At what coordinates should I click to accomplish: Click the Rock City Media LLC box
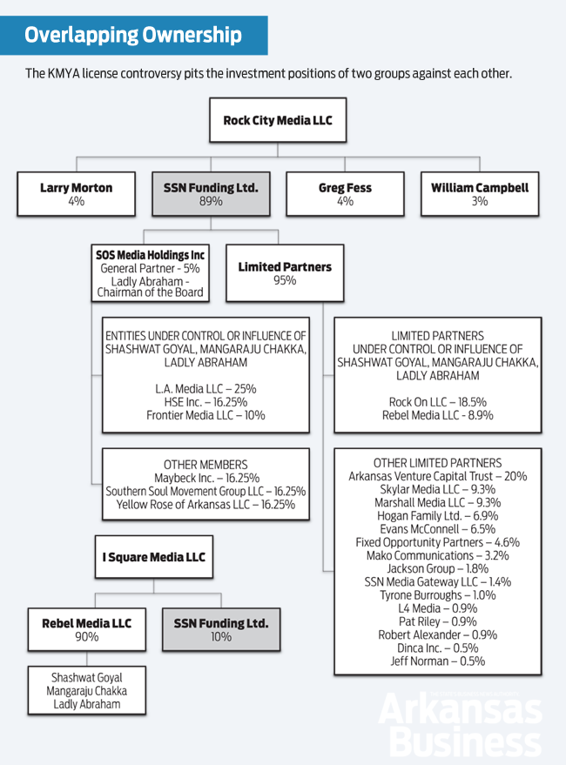point(278,120)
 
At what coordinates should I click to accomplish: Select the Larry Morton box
point(76,193)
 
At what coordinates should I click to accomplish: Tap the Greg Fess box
point(345,193)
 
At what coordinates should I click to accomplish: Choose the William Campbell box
point(480,193)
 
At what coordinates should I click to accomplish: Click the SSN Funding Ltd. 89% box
point(211,193)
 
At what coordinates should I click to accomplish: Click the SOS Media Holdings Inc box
point(151,273)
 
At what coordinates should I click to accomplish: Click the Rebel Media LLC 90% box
point(86,629)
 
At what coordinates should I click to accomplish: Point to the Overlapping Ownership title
point(133,36)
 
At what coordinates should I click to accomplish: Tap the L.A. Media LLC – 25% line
point(206,388)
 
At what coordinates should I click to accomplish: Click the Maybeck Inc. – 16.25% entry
point(206,478)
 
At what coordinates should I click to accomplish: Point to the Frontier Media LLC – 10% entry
point(206,415)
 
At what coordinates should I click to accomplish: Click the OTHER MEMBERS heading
point(206,465)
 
